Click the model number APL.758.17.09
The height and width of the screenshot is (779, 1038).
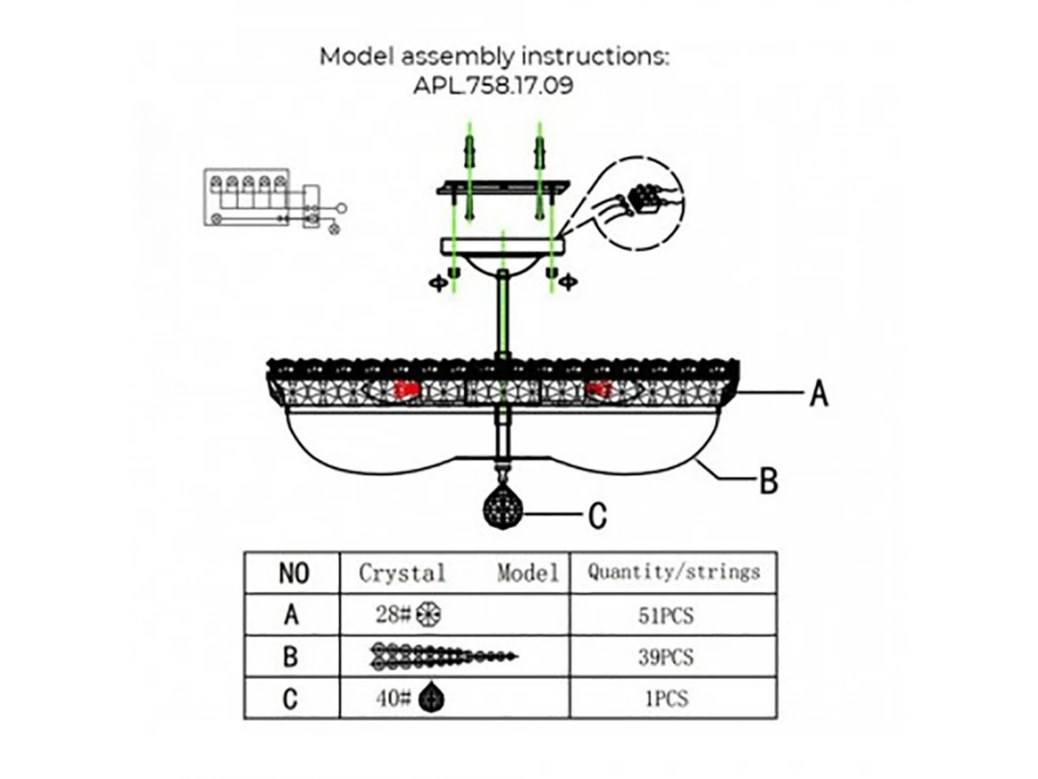click(494, 87)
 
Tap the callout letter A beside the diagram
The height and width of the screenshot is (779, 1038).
click(818, 395)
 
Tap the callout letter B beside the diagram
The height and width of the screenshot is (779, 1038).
click(768, 480)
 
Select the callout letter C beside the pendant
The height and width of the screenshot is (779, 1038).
click(597, 516)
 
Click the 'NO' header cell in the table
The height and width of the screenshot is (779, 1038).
click(292, 573)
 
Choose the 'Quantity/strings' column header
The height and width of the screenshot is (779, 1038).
click(673, 572)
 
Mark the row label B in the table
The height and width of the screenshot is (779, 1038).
click(292, 657)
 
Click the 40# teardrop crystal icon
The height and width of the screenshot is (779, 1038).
click(427, 698)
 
